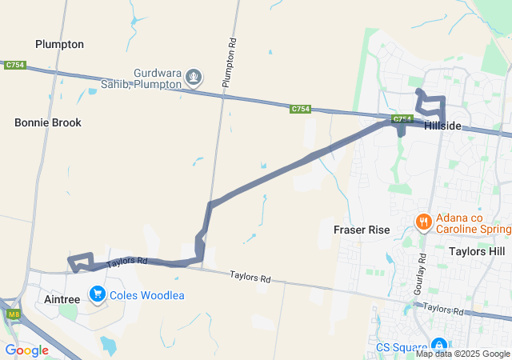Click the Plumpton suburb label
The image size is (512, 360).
point(59,44)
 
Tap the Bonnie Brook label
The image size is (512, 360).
point(48,122)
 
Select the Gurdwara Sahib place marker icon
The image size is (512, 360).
point(194,78)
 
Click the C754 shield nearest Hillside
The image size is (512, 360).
point(402,120)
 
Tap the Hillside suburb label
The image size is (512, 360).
point(442,126)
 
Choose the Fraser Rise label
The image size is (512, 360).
point(361,230)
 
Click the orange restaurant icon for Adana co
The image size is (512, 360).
point(424,221)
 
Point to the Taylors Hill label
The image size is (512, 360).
point(477,251)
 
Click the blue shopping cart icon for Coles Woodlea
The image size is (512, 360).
point(98,295)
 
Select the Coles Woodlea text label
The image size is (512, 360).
point(147,295)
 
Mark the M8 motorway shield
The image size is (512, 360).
point(14,314)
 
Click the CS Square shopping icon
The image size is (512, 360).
point(440,346)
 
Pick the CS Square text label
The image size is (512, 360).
point(402,348)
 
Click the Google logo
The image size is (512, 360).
point(26,350)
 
